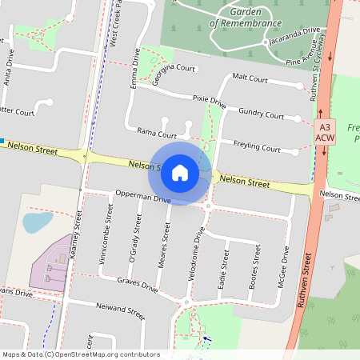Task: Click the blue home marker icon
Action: click(x=180, y=172)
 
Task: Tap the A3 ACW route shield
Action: click(x=324, y=133)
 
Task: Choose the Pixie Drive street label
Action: click(x=210, y=102)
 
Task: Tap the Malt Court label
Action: click(x=249, y=78)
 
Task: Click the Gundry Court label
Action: click(x=261, y=116)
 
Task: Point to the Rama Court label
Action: click(x=156, y=134)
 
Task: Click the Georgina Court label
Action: click(x=174, y=69)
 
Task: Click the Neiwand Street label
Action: click(x=120, y=310)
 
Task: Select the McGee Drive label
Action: click(x=282, y=272)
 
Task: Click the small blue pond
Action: click(x=37, y=221)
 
